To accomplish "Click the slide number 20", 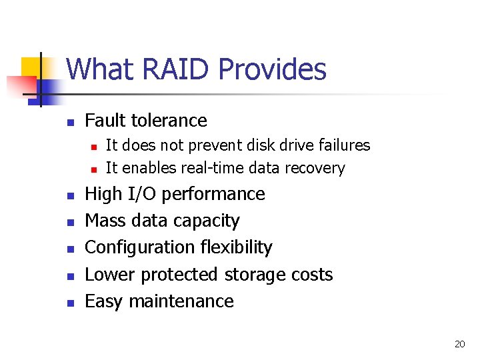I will [459, 344].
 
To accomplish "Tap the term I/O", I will [141, 194].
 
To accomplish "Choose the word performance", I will [213, 194].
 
